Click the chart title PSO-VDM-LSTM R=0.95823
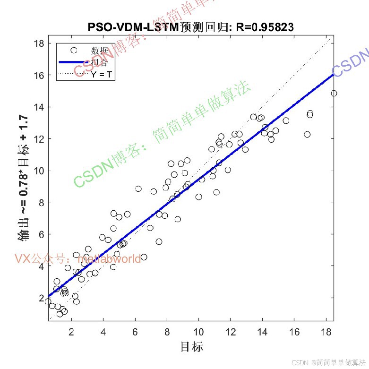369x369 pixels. click(x=190, y=27)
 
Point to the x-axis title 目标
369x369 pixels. click(x=191, y=347)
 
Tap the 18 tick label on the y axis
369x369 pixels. click(x=39, y=43)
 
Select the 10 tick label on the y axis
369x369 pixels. click(x=39, y=171)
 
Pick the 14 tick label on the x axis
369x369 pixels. click(x=262, y=333)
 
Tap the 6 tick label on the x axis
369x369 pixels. click(x=135, y=333)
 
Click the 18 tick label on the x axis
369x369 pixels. click(x=326, y=333)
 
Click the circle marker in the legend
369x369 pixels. click(x=73, y=50)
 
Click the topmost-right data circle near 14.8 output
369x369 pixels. click(x=334, y=94)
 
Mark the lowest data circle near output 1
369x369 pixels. click(x=60, y=314)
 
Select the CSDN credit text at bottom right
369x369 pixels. click(x=329, y=362)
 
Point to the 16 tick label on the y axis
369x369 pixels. click(x=39, y=75)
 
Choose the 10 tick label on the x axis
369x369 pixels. click(x=198, y=333)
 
